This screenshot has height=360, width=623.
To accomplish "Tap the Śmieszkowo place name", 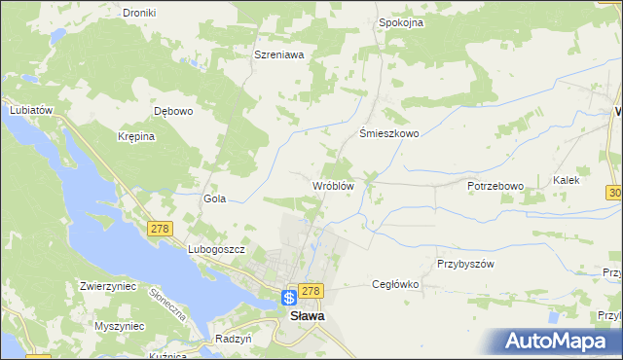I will [x=389, y=134].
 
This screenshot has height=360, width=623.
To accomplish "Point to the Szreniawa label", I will [x=279, y=55].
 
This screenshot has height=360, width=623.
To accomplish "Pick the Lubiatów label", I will [x=29, y=110].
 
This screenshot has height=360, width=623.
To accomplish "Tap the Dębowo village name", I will [x=174, y=111].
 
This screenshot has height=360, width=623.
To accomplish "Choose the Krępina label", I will [x=136, y=136].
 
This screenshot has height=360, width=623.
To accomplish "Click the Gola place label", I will [x=214, y=198].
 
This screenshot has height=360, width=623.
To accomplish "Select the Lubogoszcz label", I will [x=215, y=249].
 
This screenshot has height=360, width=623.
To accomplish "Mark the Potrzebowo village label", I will [x=495, y=186].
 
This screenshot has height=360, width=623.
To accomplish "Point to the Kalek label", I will [x=567, y=180].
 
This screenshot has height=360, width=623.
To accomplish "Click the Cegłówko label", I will [x=395, y=284].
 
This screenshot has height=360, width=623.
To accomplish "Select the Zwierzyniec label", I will [x=111, y=287].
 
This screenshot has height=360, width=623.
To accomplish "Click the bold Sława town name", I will [x=301, y=316].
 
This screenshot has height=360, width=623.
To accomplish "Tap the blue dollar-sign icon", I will [x=290, y=298].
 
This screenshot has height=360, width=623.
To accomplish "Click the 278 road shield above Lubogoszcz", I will [x=160, y=229].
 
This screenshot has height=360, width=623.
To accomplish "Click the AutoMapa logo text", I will [x=568, y=342].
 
